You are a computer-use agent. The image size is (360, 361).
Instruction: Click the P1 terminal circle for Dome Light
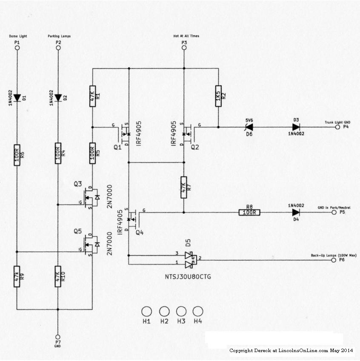tap(17, 48)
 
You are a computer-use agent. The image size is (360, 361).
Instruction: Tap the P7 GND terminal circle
tap(58, 337)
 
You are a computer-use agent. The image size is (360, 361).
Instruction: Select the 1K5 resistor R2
tap(218, 96)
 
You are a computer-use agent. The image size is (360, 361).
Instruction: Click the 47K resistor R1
tap(92, 96)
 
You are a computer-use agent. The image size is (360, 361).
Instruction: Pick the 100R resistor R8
tap(249, 212)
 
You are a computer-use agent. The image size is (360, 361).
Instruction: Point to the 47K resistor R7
tap(184, 188)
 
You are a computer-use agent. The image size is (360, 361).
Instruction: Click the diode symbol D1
tap(17, 98)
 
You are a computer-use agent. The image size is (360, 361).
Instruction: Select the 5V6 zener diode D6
tap(249, 127)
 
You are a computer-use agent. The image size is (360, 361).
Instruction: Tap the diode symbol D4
tap(296, 212)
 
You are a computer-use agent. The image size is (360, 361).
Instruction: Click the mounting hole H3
tap(181, 311)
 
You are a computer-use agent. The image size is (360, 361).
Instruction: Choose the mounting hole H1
tap(146, 311)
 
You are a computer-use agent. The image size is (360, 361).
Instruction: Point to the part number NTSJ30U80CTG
tap(188, 276)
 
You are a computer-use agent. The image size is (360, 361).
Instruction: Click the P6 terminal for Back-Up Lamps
tap(334, 260)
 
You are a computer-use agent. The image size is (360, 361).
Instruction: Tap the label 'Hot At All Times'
tap(186, 36)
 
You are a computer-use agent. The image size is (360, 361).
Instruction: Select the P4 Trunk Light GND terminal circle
tap(337, 127)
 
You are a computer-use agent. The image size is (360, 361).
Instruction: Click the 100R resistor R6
tap(17, 155)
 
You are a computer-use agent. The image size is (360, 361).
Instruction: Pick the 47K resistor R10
tap(58, 276)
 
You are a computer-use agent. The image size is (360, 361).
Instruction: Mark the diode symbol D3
tap(296, 127)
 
